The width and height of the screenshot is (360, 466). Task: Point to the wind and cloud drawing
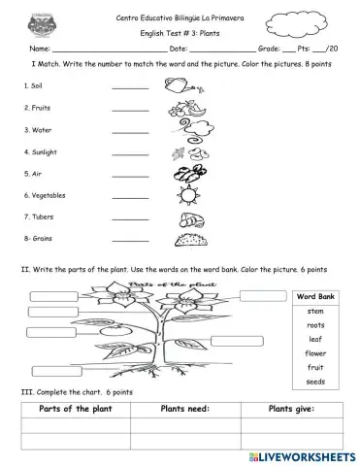tap(183, 176)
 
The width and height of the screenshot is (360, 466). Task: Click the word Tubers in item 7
tap(40, 217)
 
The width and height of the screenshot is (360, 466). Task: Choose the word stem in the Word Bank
tap(315, 310)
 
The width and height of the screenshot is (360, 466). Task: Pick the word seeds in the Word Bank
tap(315, 383)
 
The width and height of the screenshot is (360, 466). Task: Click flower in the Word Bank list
tap(315, 353)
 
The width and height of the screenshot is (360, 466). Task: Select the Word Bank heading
tap(315, 295)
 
